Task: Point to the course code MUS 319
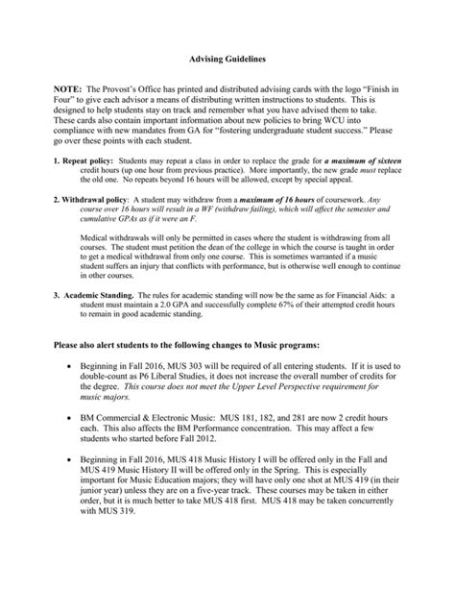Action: [110, 565]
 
